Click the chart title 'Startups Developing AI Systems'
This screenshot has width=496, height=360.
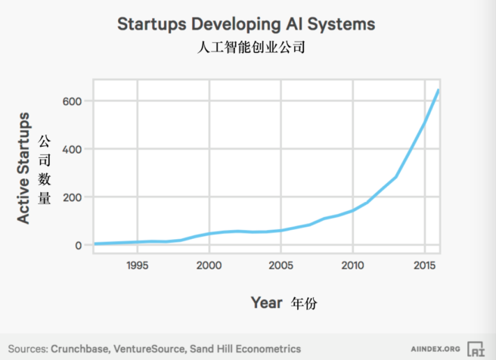246,23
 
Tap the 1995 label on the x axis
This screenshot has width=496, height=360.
137,265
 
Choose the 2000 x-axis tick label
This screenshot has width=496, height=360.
209,265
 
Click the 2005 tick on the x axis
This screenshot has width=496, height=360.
281,265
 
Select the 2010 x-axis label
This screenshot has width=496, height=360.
352,265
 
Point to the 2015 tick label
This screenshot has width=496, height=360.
423,265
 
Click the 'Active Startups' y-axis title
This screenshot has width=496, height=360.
24,167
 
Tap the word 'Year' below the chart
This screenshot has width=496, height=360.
266,303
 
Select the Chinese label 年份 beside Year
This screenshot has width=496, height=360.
305,303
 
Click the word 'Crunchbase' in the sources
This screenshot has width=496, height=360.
79,349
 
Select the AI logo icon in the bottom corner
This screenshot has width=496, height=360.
476,348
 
